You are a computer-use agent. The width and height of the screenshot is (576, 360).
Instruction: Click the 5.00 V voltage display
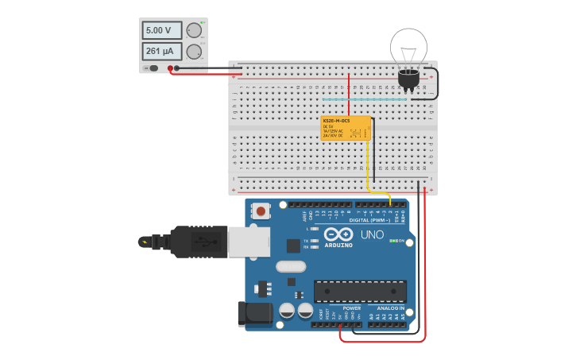[161, 30]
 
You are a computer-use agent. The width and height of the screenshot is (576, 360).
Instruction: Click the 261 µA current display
[161, 52]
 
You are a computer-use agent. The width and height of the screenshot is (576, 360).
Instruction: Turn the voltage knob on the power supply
[194, 30]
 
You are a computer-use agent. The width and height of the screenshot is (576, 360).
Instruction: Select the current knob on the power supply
[194, 52]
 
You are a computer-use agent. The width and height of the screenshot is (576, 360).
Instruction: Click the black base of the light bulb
[408, 78]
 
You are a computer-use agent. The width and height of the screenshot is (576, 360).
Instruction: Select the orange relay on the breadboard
[346, 128]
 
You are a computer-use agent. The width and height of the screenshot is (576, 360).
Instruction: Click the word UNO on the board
[372, 235]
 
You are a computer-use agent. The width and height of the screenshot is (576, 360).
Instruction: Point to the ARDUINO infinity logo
[338, 235]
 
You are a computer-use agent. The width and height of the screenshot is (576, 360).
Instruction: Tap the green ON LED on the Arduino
[392, 241]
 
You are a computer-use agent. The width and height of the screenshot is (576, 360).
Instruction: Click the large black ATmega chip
[360, 291]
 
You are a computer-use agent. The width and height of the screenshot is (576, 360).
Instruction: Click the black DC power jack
[254, 313]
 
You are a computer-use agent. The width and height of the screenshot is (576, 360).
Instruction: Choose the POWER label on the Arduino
[351, 308]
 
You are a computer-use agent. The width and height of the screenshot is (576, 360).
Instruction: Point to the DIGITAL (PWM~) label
[369, 220]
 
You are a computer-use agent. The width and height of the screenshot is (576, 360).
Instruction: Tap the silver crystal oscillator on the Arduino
[291, 266]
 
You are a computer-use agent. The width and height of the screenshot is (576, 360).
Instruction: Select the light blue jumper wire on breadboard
[377, 99]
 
